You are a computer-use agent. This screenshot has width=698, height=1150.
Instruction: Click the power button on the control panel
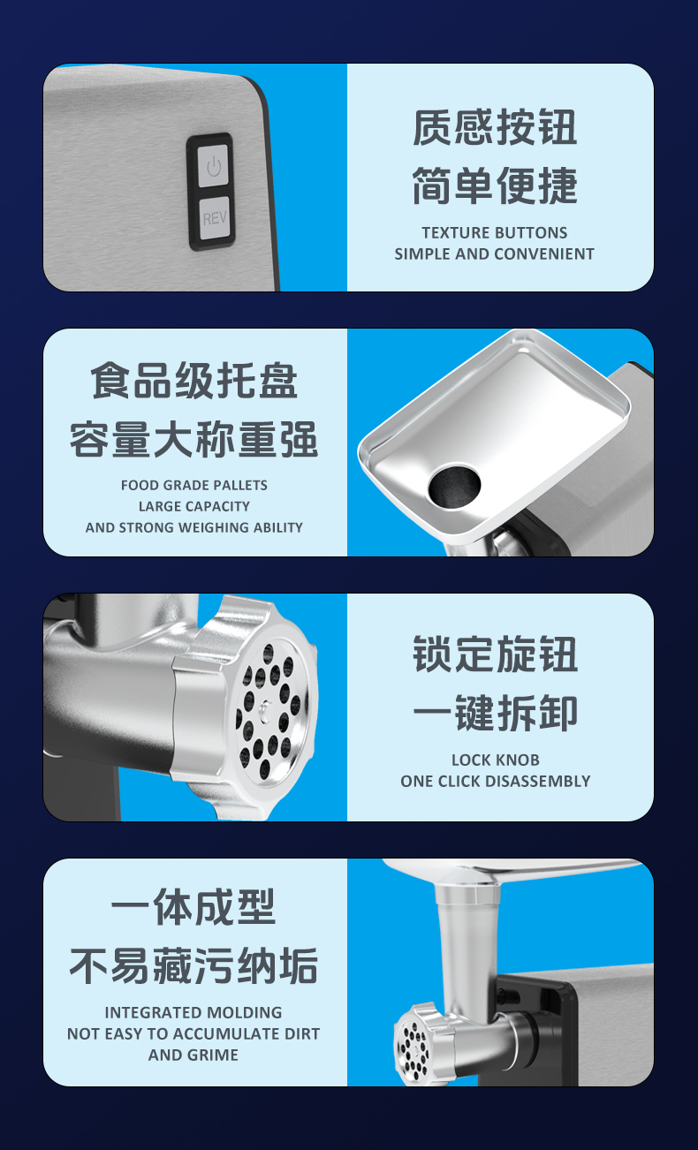[214, 166]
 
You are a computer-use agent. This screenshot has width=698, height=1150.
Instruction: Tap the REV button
[215, 218]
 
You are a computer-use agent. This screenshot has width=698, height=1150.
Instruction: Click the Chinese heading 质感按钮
[495, 127]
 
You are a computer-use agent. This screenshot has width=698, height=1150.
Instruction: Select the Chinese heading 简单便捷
[495, 185]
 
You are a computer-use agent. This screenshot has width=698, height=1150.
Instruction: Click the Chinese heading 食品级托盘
[194, 381]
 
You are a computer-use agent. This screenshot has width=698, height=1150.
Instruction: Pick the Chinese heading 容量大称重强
[194, 439]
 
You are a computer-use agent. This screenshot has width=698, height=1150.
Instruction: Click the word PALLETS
[241, 485]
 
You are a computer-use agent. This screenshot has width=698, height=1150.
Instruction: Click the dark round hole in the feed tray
[454, 486]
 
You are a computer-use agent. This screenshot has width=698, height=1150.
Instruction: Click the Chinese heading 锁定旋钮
[495, 654]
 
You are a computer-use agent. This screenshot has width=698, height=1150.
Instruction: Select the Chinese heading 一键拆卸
[495, 713]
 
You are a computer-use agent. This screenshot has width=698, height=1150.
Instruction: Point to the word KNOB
[520, 760]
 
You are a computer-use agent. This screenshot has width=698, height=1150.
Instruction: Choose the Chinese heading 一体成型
[193, 907]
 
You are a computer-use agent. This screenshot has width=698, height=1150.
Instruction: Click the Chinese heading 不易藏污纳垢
[193, 965]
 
